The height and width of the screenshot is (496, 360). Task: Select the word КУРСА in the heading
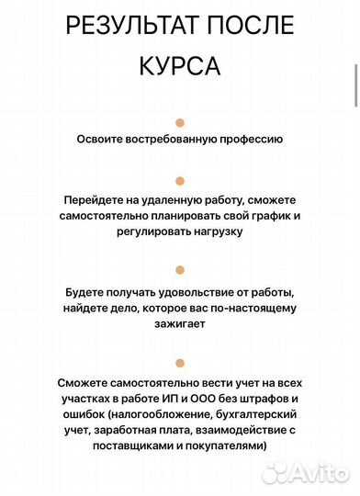[x=180, y=66]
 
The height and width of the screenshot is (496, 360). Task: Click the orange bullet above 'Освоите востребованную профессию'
[x=180, y=122]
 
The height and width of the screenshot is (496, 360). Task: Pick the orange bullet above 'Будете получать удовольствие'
[x=180, y=270]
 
